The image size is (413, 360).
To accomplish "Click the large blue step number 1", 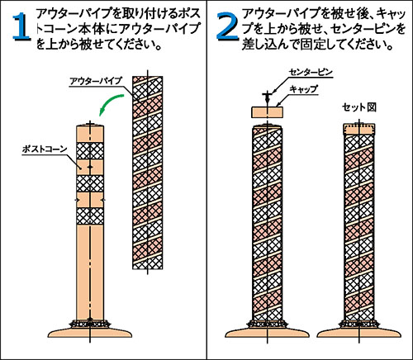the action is click(x=21, y=27).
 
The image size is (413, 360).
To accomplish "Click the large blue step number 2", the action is click(x=227, y=26).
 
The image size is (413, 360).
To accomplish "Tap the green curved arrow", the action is click(x=110, y=104).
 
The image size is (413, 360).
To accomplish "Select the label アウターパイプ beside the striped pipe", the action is click(x=95, y=81).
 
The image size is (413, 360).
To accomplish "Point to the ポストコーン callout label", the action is click(x=45, y=149).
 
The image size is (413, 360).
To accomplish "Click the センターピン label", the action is click(x=311, y=72).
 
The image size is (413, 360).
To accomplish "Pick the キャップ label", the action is click(x=303, y=89).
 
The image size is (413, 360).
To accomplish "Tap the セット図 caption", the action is click(x=359, y=107).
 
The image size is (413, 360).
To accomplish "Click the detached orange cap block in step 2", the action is click(x=268, y=112).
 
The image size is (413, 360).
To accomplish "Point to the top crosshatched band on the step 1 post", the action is click(x=90, y=151).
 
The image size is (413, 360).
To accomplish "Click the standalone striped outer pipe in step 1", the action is click(x=148, y=173).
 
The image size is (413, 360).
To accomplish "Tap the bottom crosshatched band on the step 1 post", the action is click(x=90, y=216).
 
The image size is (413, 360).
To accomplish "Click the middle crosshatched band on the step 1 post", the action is click(x=90, y=183).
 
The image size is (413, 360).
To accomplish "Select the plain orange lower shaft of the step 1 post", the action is click(x=90, y=271).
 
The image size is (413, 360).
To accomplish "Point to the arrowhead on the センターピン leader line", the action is click(x=273, y=92).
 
